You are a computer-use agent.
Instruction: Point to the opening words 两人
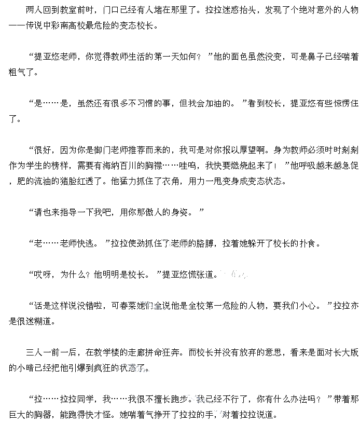(x=33, y=10)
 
